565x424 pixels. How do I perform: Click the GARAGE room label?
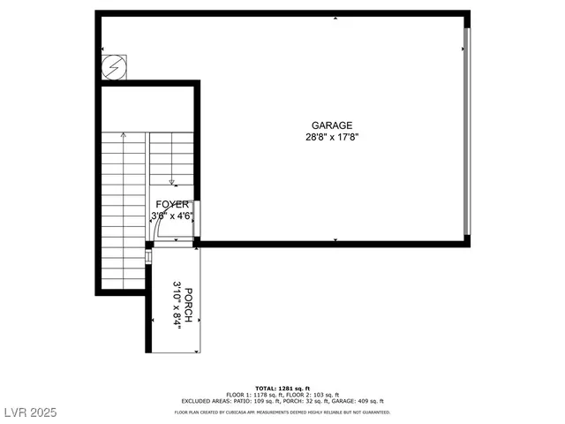tap(331, 125)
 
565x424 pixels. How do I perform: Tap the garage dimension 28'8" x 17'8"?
tap(331, 137)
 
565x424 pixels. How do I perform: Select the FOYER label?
tap(170, 204)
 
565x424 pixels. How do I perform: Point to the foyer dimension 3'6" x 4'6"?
tap(171, 216)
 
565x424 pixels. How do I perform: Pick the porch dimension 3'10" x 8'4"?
tap(177, 303)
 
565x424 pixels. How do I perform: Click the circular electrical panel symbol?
tap(114, 68)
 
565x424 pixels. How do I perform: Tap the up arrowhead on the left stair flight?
tap(123, 135)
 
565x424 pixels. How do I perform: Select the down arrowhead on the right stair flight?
tap(173, 183)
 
